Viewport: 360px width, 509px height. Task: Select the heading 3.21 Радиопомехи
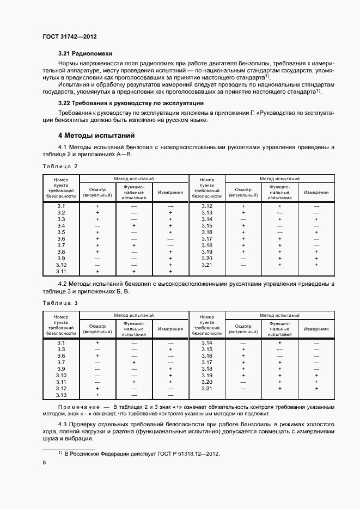pos(85,54)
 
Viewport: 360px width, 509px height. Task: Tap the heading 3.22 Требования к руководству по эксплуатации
pos(131,103)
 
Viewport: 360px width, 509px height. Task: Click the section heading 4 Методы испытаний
pos(96,135)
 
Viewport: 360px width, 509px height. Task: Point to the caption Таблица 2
pos(60,166)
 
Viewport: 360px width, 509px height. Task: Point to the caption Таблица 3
pos(60,303)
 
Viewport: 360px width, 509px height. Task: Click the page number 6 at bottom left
pos(44,462)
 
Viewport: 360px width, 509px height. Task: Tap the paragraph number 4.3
pos(63,423)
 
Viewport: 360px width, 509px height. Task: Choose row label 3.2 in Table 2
pos(61,213)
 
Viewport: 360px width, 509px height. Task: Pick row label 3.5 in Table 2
pos(61,232)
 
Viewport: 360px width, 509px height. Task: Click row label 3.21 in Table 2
pos(206,265)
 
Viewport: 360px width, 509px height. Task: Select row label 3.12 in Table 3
pos(61,389)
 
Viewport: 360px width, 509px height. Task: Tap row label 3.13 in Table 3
pos(61,395)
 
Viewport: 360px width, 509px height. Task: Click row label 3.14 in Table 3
pos(206,343)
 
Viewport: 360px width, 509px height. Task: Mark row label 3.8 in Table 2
pos(61,252)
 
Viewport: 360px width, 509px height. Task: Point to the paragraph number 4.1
pos(63,148)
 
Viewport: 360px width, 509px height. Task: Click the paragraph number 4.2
pos(63,284)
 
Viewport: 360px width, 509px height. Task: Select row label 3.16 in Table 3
pos(206,356)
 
